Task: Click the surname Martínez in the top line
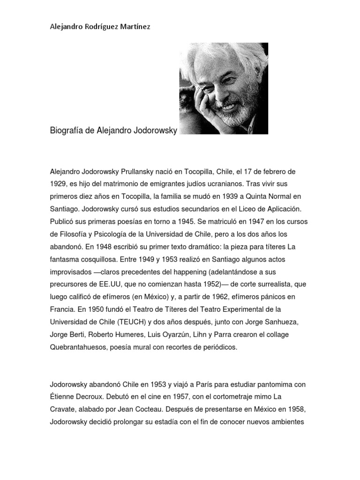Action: pyautogui.click(x=135, y=27)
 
